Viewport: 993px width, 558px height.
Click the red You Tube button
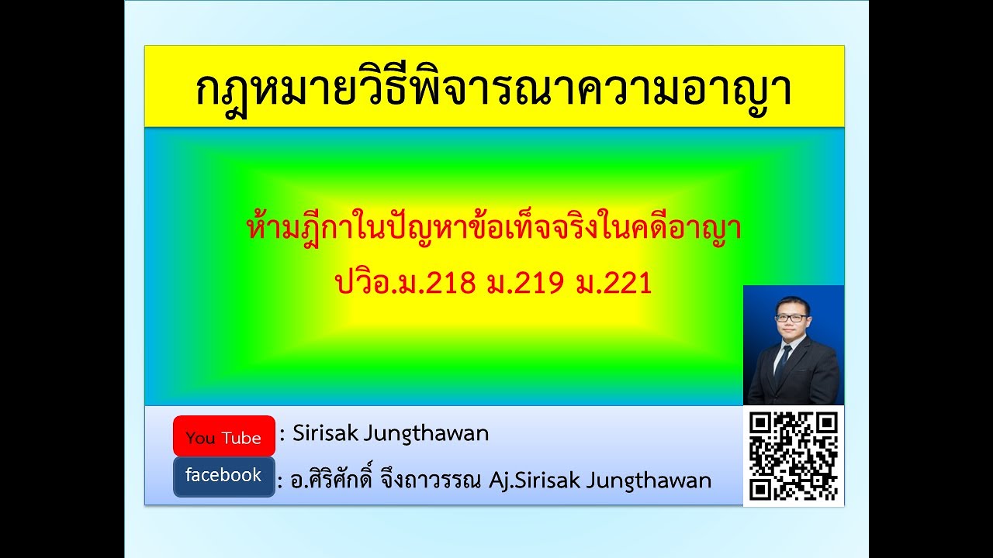[x=223, y=436]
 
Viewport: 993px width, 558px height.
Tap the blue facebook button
[x=223, y=476]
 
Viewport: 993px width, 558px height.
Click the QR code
[x=794, y=456]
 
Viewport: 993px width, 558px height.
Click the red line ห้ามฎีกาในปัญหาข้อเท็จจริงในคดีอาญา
[x=493, y=230]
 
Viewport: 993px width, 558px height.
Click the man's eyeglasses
[x=791, y=317]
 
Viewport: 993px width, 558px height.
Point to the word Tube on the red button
[x=241, y=438]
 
